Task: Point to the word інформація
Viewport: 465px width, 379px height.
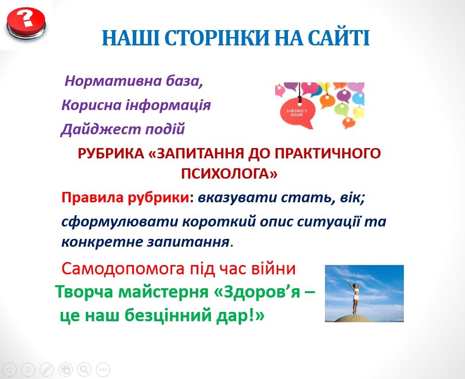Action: pyautogui.click(x=169, y=105)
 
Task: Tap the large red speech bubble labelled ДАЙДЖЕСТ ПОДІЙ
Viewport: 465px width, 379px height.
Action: pyautogui.click(x=297, y=112)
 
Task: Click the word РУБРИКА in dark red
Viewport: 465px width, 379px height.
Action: pyautogui.click(x=110, y=154)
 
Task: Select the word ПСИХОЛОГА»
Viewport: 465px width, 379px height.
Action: pyautogui.click(x=229, y=174)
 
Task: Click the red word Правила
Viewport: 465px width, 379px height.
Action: pyautogui.click(x=93, y=197)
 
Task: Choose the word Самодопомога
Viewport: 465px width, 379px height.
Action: pyautogui.click(x=123, y=269)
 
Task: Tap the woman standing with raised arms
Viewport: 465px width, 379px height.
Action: pyautogui.click(x=354, y=296)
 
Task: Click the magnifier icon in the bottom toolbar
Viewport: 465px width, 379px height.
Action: pyautogui.click(x=84, y=370)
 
